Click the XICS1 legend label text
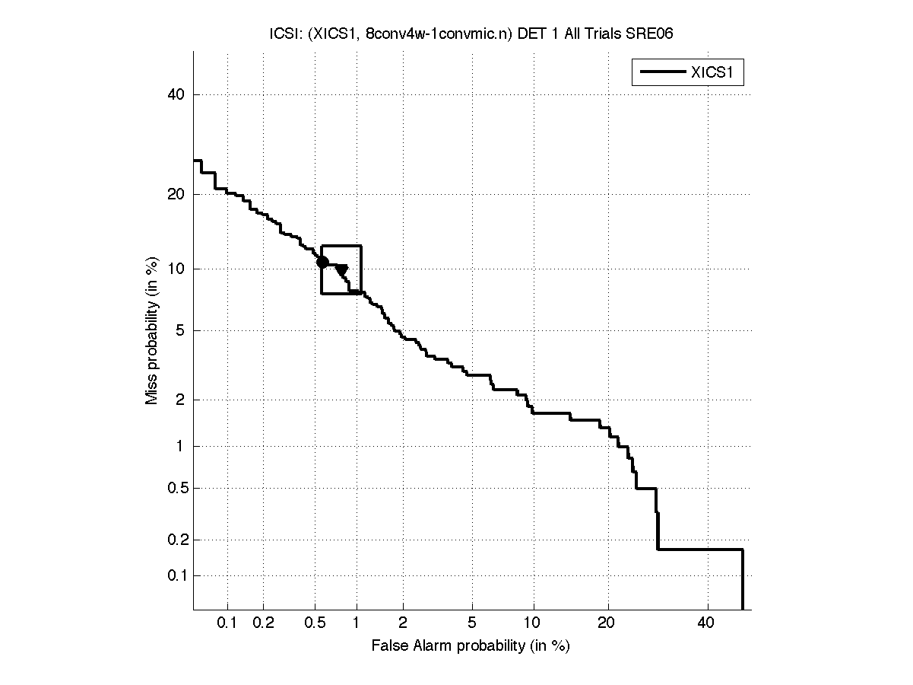pos(716,73)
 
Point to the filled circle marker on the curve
pos(322,262)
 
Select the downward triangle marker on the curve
pos(342,270)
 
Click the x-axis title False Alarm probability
pos(471,646)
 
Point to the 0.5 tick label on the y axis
pos(176,488)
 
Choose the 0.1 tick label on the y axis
pos(176,575)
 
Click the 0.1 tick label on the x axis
pos(227,623)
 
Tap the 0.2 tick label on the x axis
pos(263,623)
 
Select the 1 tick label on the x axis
pos(357,623)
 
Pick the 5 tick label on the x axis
pos(472,623)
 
